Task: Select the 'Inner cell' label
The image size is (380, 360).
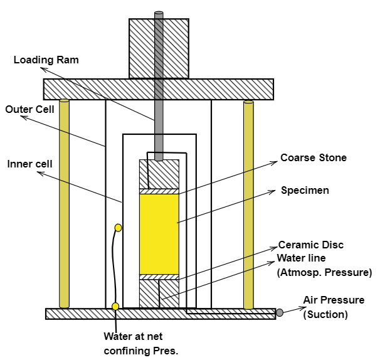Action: pos(27,164)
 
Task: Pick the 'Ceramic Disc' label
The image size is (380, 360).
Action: pos(311,245)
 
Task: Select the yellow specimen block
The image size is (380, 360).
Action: pos(159,233)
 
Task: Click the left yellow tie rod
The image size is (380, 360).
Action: pos(64,204)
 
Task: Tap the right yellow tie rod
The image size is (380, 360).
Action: pos(248,204)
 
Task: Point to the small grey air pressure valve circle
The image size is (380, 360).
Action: pos(280,312)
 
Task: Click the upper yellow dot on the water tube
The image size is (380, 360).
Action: pos(118,228)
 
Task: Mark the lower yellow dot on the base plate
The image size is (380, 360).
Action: pos(115,306)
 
